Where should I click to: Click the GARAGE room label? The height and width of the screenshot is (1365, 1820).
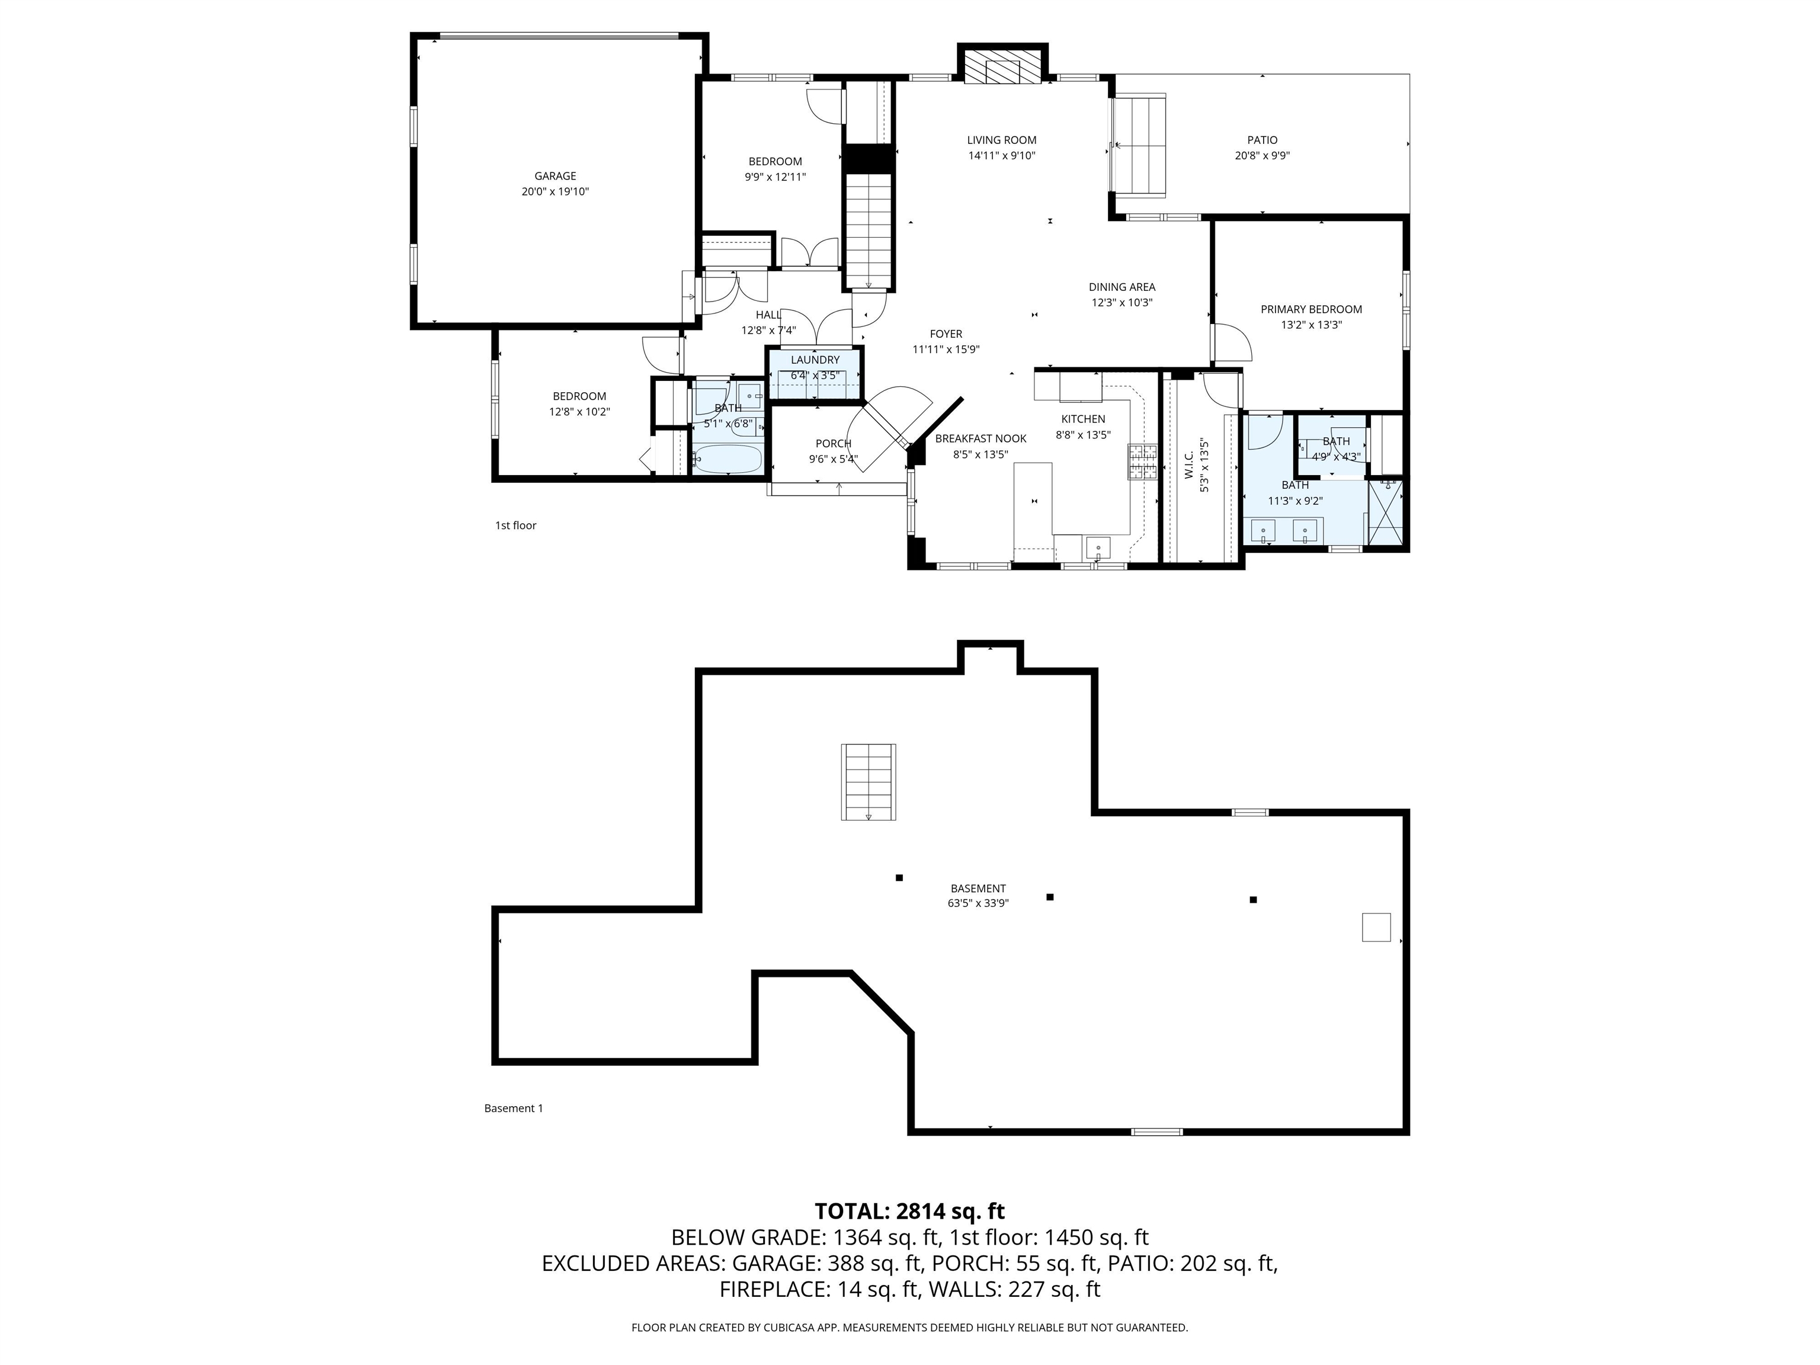[555, 176]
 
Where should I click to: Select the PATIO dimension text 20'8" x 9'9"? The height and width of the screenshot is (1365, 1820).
[1261, 155]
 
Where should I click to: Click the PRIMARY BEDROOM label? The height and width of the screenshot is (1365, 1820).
[1310, 309]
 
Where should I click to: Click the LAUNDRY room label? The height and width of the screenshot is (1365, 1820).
[815, 360]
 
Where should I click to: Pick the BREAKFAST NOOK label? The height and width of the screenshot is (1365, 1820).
[980, 438]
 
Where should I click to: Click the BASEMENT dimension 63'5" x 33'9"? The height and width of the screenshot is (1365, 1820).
[978, 903]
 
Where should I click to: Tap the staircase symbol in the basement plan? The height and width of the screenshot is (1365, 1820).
[868, 781]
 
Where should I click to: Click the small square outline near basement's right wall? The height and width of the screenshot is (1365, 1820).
[1376, 927]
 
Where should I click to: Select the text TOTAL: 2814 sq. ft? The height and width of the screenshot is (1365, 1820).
[909, 1211]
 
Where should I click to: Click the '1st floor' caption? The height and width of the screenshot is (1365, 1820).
[515, 526]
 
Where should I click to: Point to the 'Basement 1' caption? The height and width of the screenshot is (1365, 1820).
[514, 1108]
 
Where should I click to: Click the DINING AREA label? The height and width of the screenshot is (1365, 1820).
[1122, 287]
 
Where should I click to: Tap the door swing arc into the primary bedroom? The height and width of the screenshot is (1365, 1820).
[1232, 341]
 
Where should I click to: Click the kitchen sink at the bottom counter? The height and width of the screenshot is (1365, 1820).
[1098, 548]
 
